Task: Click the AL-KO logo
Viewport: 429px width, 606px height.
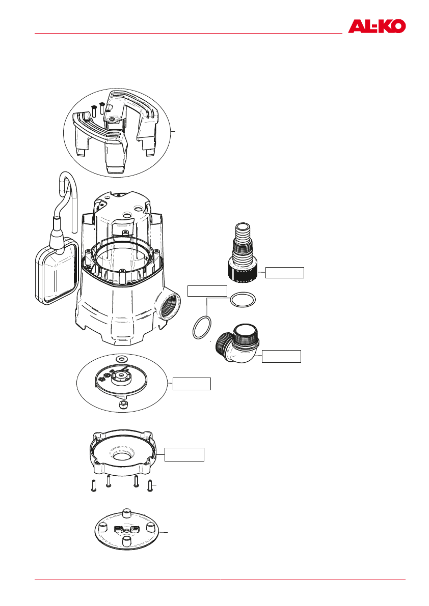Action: [x=377, y=26]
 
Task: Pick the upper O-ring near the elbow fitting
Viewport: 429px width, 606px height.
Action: [x=242, y=300]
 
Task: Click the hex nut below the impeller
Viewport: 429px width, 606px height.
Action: [x=122, y=404]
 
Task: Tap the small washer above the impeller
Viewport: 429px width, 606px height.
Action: [x=122, y=360]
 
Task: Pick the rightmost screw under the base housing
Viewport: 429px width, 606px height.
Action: [x=149, y=485]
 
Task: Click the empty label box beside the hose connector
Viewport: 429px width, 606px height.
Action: [x=285, y=273]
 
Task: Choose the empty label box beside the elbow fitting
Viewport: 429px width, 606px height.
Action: [x=281, y=356]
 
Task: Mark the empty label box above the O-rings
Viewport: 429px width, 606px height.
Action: [x=207, y=291]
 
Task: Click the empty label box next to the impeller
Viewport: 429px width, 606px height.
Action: [x=192, y=384]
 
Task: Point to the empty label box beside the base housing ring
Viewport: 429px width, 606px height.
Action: [x=185, y=454]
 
